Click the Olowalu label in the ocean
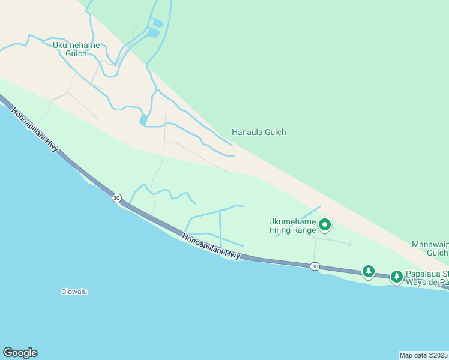(x=74, y=292)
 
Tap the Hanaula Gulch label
(x=259, y=133)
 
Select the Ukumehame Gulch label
(x=76, y=49)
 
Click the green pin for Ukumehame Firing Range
(x=325, y=225)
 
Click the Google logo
(x=20, y=353)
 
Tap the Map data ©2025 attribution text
(x=424, y=355)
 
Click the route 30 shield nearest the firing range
(x=315, y=266)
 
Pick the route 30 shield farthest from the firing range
(x=116, y=198)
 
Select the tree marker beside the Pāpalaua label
(x=396, y=277)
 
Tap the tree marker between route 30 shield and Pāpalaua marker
(x=369, y=271)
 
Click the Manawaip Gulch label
(x=430, y=248)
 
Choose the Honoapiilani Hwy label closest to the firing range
(x=211, y=247)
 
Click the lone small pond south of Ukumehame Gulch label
(x=143, y=119)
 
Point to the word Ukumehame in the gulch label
(x=76, y=45)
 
